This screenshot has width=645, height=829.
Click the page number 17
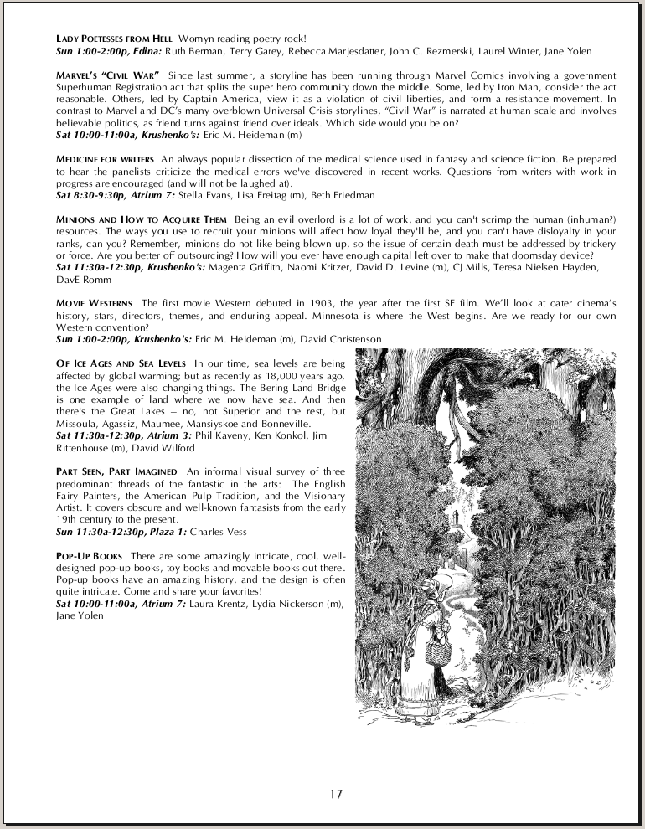tap(336, 795)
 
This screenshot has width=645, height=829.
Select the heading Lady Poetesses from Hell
tap(114, 39)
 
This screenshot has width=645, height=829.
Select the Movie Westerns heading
tap(94, 302)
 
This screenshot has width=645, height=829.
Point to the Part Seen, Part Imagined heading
tap(117, 471)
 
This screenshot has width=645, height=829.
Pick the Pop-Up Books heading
tap(89, 556)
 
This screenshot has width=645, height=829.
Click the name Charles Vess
tap(219, 531)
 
